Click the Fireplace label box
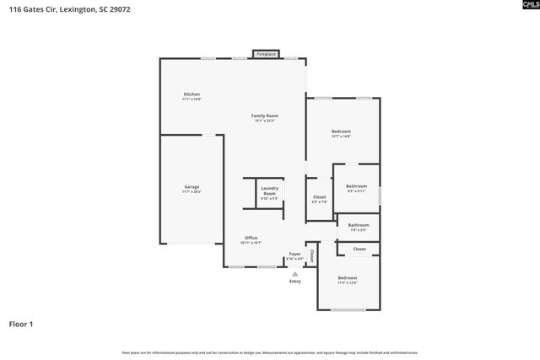pos(266,54)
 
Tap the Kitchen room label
pos(192,94)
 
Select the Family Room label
pos(265,116)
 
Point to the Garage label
pos(192,186)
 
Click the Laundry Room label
pos(269,191)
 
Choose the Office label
pos(251,238)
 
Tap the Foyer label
pos(294,254)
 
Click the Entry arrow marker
pos(294,273)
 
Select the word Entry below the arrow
pos(294,282)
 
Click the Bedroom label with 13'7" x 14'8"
pos(341,132)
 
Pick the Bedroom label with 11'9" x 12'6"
pos(348,278)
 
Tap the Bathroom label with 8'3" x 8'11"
pos(356,185)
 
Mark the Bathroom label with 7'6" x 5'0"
pos(359,225)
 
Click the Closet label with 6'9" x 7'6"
pos(319,197)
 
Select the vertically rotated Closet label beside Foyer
pos(311,253)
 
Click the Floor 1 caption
pos(22,324)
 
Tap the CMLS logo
pos(523,9)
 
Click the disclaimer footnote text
pos(269,352)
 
